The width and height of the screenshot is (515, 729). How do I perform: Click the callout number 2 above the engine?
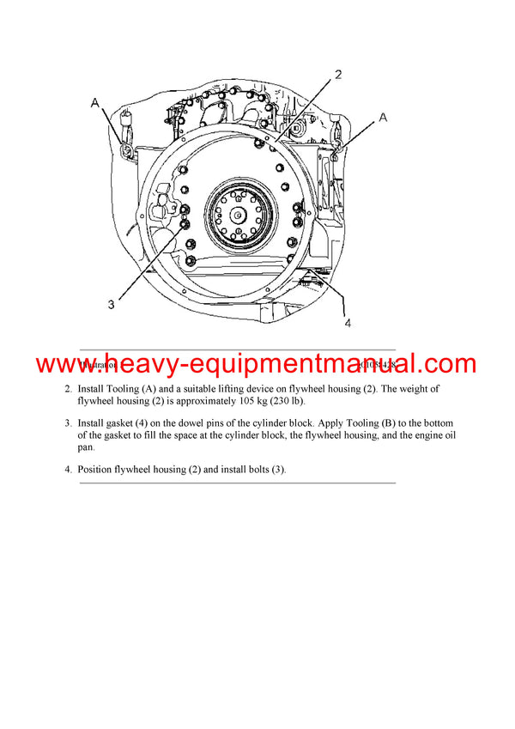click(x=338, y=75)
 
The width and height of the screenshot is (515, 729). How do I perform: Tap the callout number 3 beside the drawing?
click(x=111, y=303)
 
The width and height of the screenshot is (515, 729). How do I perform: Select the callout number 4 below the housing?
click(x=348, y=324)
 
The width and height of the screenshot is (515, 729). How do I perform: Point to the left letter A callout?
click(x=95, y=103)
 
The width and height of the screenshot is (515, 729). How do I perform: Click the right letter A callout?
click(x=383, y=117)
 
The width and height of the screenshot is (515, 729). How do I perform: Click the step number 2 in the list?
click(x=68, y=390)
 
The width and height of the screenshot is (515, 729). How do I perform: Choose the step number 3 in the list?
click(x=68, y=424)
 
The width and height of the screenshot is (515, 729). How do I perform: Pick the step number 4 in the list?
click(x=68, y=470)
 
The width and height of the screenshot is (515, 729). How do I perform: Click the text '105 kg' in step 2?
click(x=276, y=401)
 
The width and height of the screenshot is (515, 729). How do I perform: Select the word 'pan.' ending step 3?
click(x=88, y=447)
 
